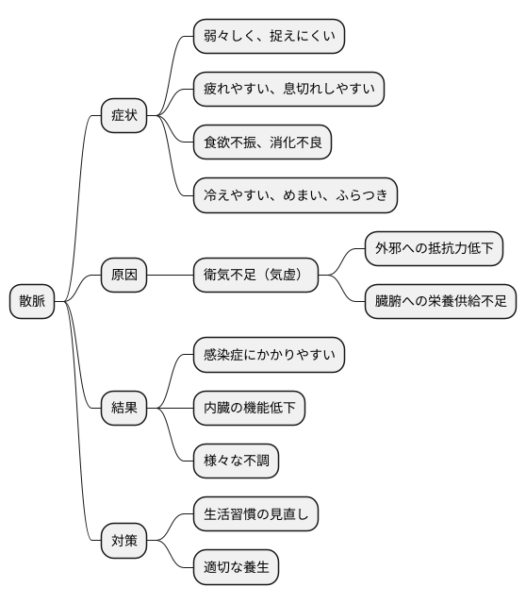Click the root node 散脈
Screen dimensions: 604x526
tap(32, 301)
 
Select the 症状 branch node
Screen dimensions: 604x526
tap(124, 116)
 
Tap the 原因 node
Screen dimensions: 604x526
tap(124, 276)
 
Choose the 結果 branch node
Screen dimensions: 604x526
tap(124, 409)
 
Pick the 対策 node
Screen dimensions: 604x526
tap(124, 541)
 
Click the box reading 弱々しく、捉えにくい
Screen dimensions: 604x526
tap(269, 37)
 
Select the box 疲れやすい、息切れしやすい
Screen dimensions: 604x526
tap(288, 90)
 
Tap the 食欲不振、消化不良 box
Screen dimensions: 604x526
tap(262, 143)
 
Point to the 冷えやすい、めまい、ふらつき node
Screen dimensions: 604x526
tap(295, 195)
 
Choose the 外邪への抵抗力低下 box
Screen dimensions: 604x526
tap(434, 249)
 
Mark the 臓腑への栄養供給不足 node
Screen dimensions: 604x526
tap(440, 302)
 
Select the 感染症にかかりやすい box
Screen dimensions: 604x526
tap(269, 356)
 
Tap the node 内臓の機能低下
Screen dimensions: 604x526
tap(249, 409)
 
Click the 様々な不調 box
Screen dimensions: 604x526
tap(236, 461)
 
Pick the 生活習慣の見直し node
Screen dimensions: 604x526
tap(255, 514)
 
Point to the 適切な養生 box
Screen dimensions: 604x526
tap(236, 568)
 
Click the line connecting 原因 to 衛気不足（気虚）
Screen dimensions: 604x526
tap(170, 276)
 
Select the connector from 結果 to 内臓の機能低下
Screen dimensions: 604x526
tap(170, 409)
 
